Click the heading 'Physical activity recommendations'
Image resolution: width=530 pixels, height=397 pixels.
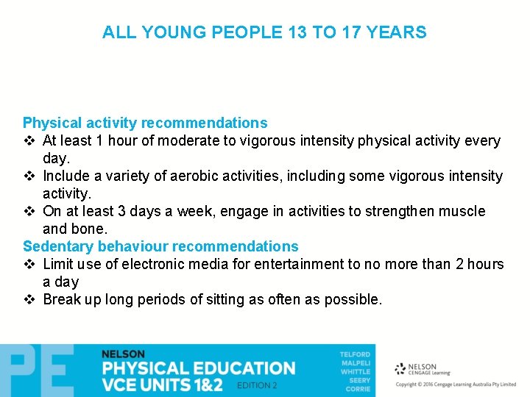(x=145, y=123)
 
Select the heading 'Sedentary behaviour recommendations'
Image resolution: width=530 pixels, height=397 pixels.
(x=160, y=246)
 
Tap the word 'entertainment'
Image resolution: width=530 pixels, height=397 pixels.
(x=279, y=264)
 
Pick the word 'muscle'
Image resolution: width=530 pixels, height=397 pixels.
(x=462, y=211)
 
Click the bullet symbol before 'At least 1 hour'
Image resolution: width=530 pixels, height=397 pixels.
(x=29, y=141)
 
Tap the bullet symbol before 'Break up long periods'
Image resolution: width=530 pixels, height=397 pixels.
(x=29, y=300)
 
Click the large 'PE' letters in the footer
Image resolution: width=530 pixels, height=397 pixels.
(x=37, y=371)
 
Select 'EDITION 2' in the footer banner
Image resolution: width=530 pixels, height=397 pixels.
(x=257, y=385)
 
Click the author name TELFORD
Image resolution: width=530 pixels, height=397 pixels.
(x=355, y=354)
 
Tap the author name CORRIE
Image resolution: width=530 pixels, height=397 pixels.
(x=358, y=389)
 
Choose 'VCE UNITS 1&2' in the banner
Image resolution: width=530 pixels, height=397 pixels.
(x=162, y=385)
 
